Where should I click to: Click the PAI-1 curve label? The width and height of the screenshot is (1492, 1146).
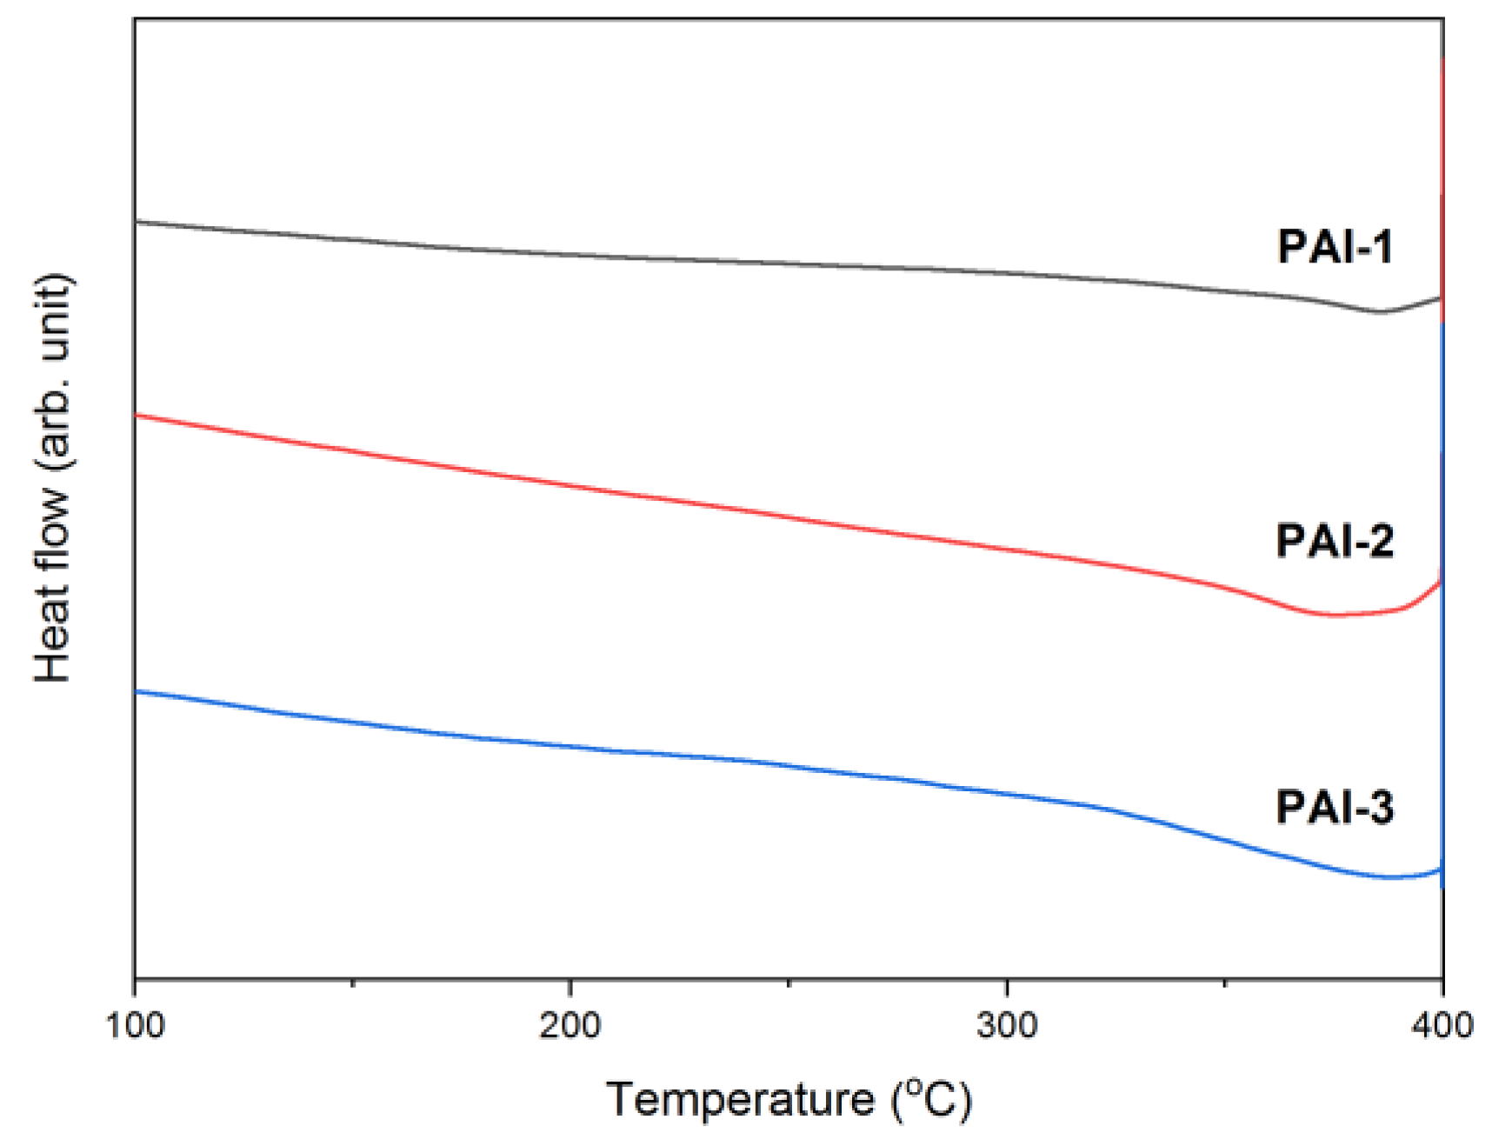(x=1335, y=247)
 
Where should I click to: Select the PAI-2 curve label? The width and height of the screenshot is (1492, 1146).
(x=1335, y=541)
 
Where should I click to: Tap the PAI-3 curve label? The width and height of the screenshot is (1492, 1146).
(x=1335, y=807)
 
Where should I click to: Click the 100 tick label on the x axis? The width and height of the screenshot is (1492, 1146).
(x=135, y=1025)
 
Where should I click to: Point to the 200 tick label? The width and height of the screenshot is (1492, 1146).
(x=570, y=1025)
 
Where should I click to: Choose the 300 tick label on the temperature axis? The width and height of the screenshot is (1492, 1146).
(x=1007, y=1025)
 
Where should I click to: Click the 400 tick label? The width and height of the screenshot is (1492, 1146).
(x=1442, y=1025)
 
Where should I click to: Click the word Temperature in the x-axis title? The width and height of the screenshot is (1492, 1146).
(x=740, y=1099)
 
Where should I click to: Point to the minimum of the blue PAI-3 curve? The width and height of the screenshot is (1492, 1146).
(x=1389, y=877)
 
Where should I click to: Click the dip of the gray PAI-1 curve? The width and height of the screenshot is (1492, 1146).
(x=1379, y=311)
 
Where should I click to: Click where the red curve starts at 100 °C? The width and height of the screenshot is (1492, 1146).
(x=137, y=416)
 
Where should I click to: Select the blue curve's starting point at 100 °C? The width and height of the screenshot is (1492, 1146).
(x=137, y=691)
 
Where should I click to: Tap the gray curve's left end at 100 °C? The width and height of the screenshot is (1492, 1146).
(x=137, y=222)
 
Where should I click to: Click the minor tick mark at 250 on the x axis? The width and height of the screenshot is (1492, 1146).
(x=788, y=983)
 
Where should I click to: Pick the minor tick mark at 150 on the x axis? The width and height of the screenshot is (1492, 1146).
(x=352, y=983)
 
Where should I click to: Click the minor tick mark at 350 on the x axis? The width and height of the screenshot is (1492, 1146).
(x=1224, y=983)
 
